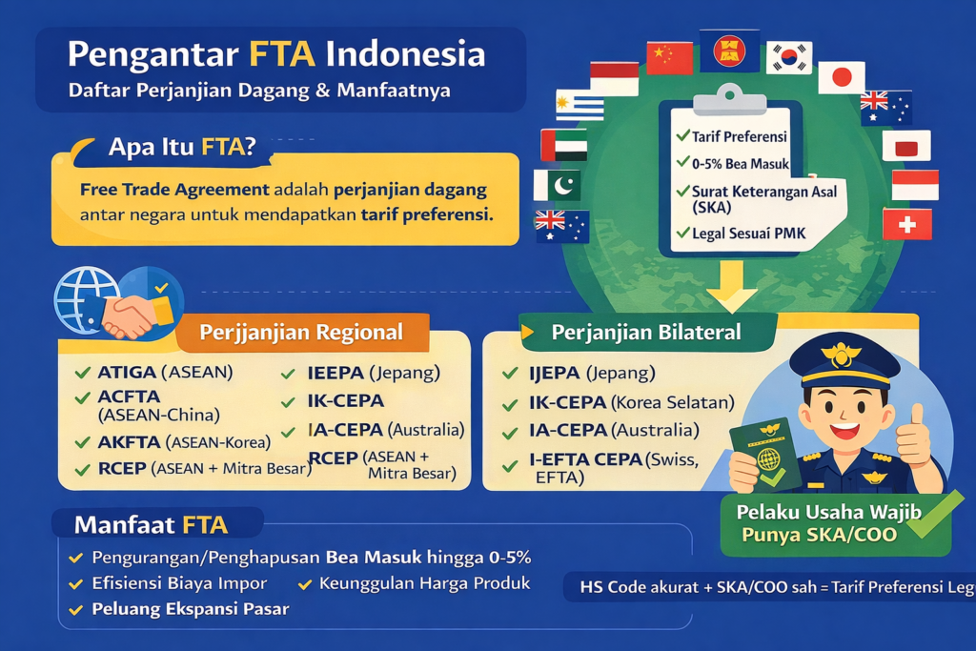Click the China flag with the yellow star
pyautogui.click(x=669, y=58)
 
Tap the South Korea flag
pyautogui.click(x=788, y=57)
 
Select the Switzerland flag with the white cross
pyautogui.click(x=906, y=224)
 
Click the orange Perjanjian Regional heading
pyautogui.click(x=300, y=333)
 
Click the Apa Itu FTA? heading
pyautogui.click(x=181, y=147)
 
